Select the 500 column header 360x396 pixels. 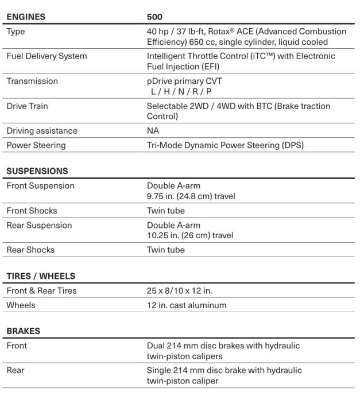click(x=155, y=17)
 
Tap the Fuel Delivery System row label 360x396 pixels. click(x=47, y=56)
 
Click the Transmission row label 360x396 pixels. click(x=32, y=81)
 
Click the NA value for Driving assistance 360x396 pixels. click(x=153, y=131)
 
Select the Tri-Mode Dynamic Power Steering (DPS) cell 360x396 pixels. click(x=225, y=145)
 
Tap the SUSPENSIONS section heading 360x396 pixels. click(x=37, y=171)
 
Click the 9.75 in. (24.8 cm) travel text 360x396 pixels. click(x=191, y=196)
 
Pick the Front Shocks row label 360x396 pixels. click(x=32, y=211)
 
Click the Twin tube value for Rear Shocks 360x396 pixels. click(x=166, y=250)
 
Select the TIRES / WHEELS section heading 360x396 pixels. click(x=41, y=276)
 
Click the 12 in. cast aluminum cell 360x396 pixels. click(x=187, y=305)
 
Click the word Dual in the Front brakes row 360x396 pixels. click(x=157, y=346)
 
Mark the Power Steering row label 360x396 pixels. click(x=36, y=145)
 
